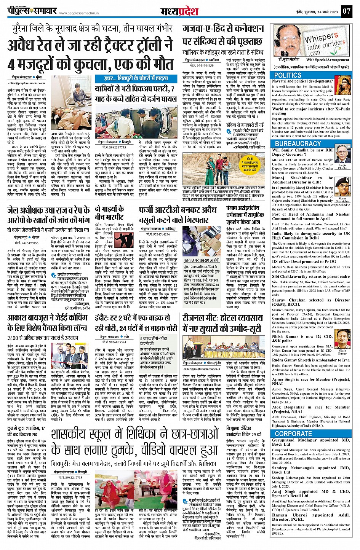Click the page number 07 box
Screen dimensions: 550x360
pos(346,11)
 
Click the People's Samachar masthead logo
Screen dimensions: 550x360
pos(32,11)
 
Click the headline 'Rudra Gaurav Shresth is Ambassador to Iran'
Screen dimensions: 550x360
pos(311,360)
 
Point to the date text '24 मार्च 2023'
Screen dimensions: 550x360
pos(326,11)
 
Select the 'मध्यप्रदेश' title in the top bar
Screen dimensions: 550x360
pos(179,11)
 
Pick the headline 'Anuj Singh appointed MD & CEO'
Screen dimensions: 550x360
pos(311,491)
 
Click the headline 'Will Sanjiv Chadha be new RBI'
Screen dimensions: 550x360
pos(302,150)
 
